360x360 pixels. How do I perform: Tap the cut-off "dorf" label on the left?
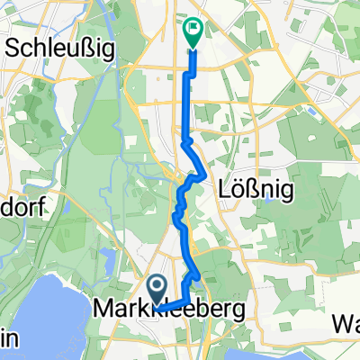tap(22, 205)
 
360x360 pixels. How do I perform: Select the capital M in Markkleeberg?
tap(103, 309)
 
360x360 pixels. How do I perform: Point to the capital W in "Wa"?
tap(339, 322)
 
